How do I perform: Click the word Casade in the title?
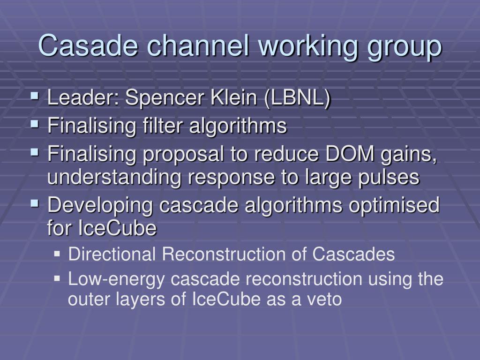click(88, 45)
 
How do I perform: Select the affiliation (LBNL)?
click(297, 98)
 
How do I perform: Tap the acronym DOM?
click(350, 153)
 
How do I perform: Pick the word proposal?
click(183, 155)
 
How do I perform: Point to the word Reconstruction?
click(234, 254)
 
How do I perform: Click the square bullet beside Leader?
click(35, 97)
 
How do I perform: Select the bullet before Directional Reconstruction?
click(57, 254)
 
